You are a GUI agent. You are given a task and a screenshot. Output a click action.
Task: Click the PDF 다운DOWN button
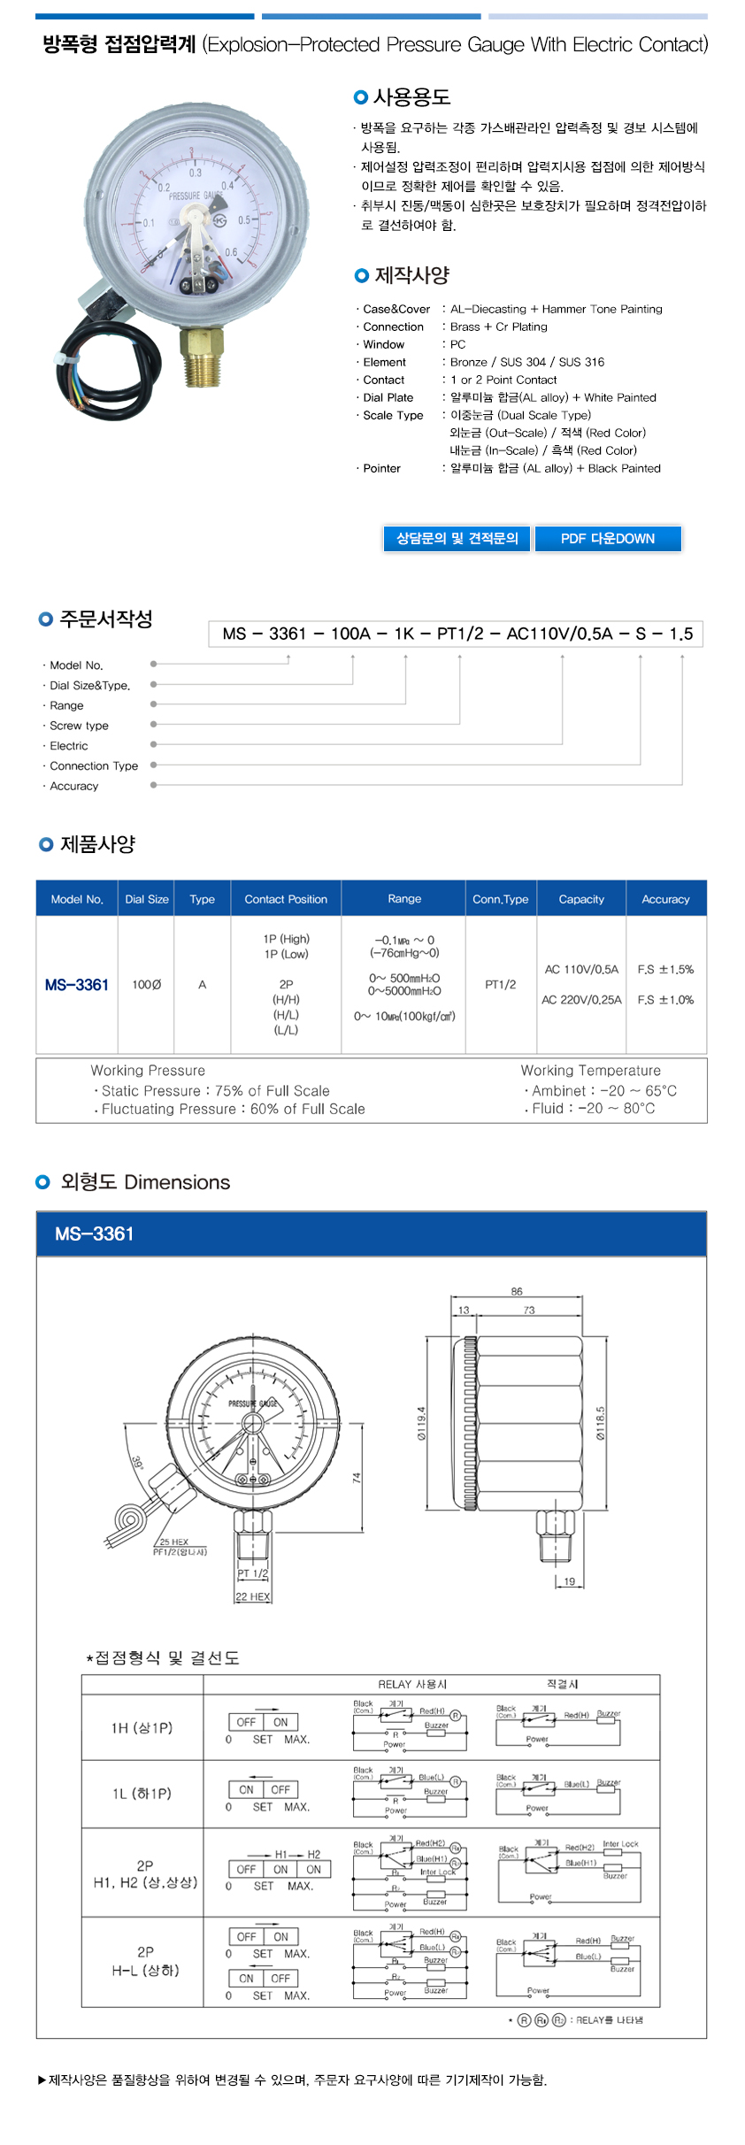click(x=608, y=538)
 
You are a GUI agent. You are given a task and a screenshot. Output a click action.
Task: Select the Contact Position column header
click(x=286, y=899)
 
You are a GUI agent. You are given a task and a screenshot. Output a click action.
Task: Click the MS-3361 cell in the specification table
click(x=77, y=985)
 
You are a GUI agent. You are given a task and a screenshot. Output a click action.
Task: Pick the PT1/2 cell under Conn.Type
click(x=501, y=984)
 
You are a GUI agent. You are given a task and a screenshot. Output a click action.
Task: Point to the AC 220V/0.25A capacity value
click(x=581, y=1000)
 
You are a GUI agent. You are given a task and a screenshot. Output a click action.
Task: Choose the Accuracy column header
click(x=665, y=899)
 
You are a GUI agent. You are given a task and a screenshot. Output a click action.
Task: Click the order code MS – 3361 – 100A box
click(x=457, y=634)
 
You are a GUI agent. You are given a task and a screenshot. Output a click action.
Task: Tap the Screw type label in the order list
click(x=80, y=726)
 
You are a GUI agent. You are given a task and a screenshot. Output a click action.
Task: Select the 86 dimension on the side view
click(x=517, y=1291)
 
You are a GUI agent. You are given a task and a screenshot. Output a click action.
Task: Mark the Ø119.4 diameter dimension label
click(x=422, y=1423)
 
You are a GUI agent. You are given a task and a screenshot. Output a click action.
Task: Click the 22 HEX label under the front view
click(x=253, y=1597)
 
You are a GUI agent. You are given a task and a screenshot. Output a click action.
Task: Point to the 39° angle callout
click(x=138, y=1462)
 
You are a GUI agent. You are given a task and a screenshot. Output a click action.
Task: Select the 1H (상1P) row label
click(x=142, y=1727)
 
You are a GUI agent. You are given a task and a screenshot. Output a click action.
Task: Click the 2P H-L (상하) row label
click(x=145, y=1961)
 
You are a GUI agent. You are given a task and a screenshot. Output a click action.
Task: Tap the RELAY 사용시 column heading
click(x=412, y=1684)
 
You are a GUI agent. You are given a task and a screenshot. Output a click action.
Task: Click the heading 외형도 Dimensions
click(x=145, y=1182)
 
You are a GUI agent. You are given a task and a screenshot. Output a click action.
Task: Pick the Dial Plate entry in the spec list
click(x=388, y=397)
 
